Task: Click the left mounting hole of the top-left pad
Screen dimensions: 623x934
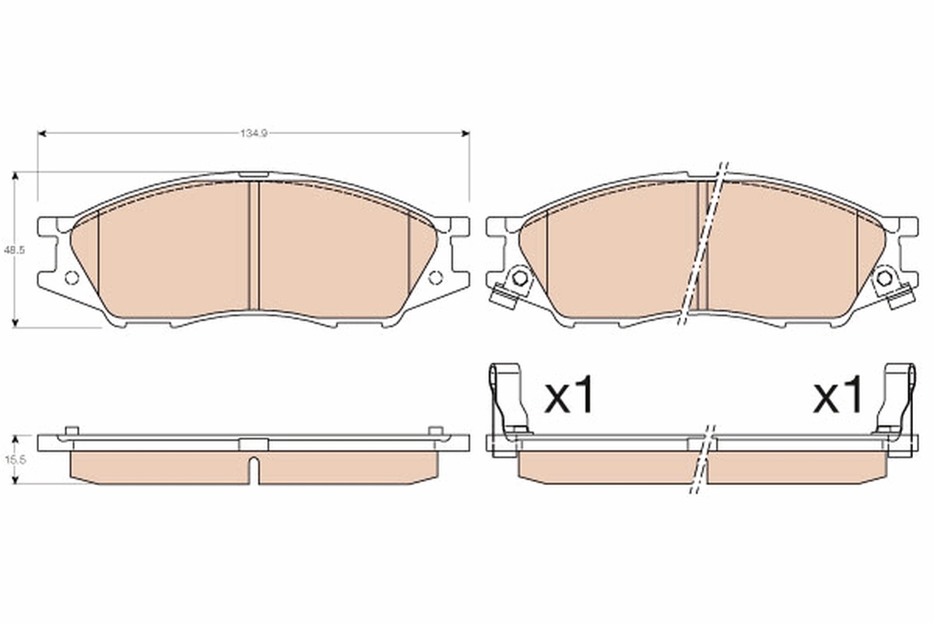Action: [x=72, y=276]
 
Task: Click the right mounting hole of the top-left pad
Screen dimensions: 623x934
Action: [x=435, y=276]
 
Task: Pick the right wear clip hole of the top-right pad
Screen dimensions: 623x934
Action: [x=883, y=278]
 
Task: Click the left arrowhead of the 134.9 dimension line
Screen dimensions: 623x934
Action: [x=41, y=134]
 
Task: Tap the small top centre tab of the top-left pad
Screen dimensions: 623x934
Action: [x=253, y=174]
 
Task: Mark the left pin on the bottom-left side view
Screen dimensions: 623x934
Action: [x=72, y=430]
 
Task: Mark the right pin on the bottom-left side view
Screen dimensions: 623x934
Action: [x=436, y=430]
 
